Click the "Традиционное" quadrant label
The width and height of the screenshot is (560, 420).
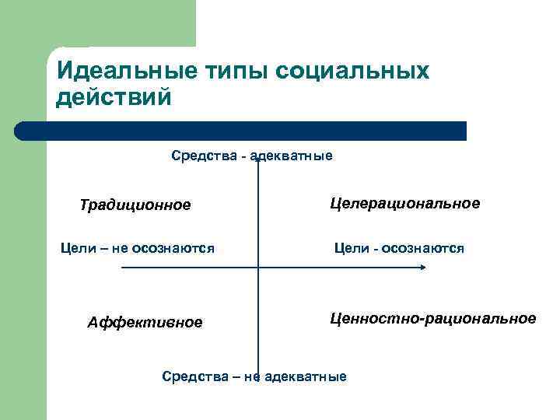point(135,205)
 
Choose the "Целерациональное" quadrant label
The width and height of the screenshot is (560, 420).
point(404,203)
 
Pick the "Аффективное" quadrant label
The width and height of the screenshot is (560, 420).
point(145,322)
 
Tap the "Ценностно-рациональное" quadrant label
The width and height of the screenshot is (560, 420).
point(432,318)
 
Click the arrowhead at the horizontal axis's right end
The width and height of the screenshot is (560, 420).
point(422,268)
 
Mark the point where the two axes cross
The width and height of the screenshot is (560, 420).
point(257,268)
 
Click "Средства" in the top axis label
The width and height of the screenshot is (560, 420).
point(204,156)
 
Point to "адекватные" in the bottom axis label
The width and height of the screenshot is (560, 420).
point(306,377)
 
